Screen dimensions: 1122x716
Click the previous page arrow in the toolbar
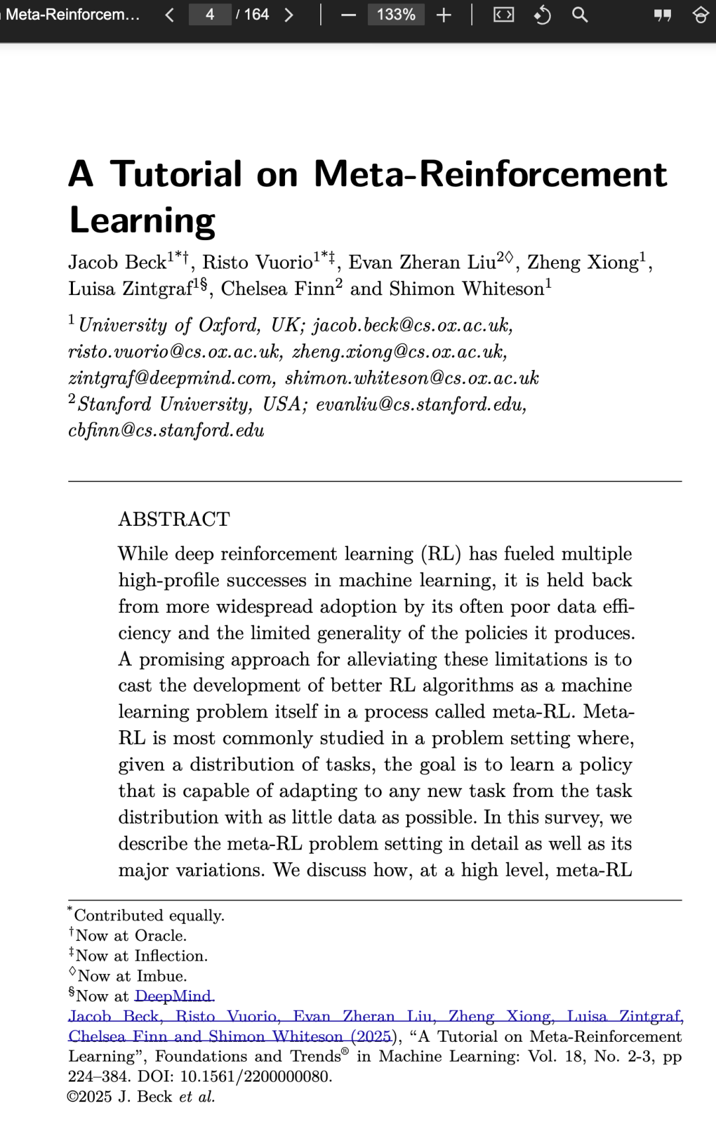point(170,15)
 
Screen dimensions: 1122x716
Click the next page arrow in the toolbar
point(288,15)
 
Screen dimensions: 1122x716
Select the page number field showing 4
point(209,15)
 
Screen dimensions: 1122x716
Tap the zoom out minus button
point(349,15)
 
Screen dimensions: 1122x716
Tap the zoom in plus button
point(444,15)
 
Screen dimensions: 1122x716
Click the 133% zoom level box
point(396,15)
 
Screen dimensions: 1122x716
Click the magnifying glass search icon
point(579,15)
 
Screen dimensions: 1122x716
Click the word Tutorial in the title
point(176,174)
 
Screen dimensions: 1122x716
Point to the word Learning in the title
point(143,221)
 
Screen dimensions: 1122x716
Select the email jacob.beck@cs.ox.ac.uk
point(412,325)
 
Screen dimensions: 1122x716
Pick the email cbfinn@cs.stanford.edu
point(166,430)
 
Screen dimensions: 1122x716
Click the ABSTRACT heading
point(174,519)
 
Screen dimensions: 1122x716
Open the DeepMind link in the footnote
point(174,996)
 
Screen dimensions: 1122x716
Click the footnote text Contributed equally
point(149,916)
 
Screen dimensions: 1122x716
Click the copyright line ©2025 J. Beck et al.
point(141,1097)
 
